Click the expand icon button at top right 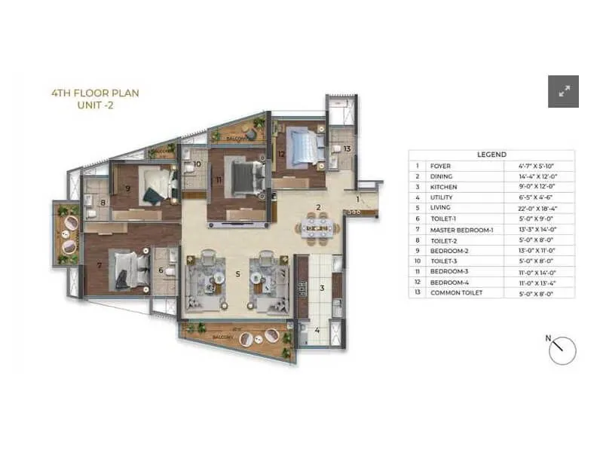coord(563,92)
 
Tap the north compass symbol coord(562,350)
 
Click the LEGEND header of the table coord(491,154)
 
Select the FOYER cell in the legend coord(441,166)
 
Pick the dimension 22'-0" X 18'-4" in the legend coord(534,208)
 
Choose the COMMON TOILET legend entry coord(456,292)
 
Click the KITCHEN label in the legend coord(443,187)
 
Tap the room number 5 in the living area coord(237,274)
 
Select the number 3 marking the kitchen coord(320,287)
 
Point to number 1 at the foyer coord(358,199)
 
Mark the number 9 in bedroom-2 coord(129,189)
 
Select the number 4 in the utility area coord(317,330)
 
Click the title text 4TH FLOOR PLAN coord(95,93)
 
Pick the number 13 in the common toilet coord(347,148)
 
